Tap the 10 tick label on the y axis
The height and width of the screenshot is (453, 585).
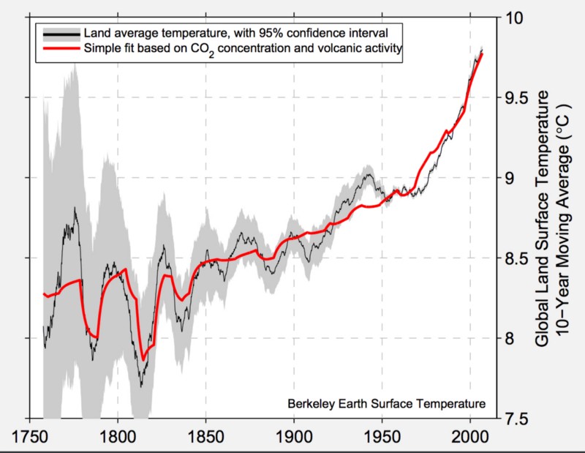pyautogui.click(x=516, y=18)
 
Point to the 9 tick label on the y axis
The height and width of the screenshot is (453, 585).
pyautogui.click(x=510, y=178)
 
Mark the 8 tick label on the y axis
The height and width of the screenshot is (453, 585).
pyautogui.click(x=510, y=338)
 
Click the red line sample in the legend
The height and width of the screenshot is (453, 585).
pyautogui.click(x=60, y=48)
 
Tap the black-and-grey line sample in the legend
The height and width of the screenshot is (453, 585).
pyautogui.click(x=60, y=34)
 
